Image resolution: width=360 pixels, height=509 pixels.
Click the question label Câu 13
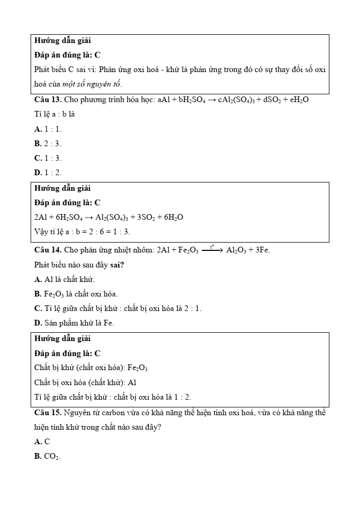coord(48,100)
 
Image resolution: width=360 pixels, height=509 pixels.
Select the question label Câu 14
coord(48,250)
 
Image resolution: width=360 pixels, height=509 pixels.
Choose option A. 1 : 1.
coord(48,129)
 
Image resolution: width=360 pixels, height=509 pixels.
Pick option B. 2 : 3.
coord(48,144)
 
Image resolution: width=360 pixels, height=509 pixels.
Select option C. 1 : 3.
coord(48,158)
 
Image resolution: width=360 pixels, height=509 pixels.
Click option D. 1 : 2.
coord(48,173)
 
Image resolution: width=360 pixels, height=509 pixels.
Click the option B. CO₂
coord(47,456)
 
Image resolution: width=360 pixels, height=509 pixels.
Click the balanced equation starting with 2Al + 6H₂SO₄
coord(108,217)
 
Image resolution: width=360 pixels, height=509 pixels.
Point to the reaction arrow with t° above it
coord(213,249)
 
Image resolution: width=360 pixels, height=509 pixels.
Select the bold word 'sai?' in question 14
coord(117,265)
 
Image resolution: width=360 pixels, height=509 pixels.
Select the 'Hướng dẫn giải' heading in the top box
coord(62,40)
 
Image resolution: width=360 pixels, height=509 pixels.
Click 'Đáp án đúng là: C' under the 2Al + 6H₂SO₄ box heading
coord(67,203)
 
